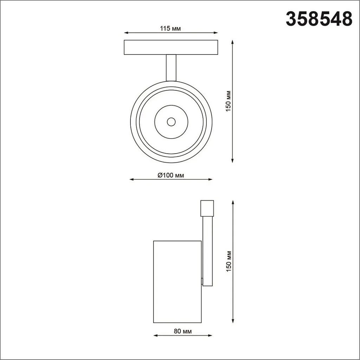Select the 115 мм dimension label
171,28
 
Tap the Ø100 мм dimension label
171,175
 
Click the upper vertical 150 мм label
228,101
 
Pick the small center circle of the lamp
171,122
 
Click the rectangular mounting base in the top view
171,47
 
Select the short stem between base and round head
171,67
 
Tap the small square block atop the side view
207,208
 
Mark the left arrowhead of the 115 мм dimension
126,33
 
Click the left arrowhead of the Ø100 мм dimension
131,180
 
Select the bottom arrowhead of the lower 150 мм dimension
233,321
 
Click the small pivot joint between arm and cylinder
202,281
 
